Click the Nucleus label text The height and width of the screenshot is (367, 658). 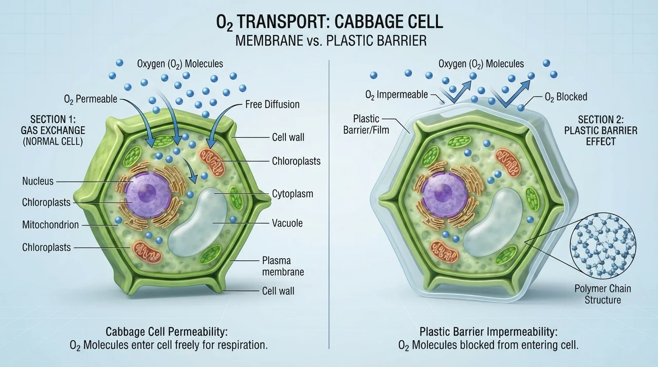pyautogui.click(x=38, y=181)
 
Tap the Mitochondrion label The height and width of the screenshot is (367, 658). pyautogui.click(x=50, y=225)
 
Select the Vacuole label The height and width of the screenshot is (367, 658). pyautogui.click(x=287, y=223)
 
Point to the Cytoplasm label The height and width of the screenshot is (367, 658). pyautogui.click(x=293, y=194)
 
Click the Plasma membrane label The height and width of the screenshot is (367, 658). pyautogui.click(x=283, y=266)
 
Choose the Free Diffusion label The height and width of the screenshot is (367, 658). pyautogui.click(x=272, y=104)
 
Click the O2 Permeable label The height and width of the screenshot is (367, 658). pyautogui.click(x=90, y=99)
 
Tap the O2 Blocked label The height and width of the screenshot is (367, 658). pyautogui.click(x=566, y=97)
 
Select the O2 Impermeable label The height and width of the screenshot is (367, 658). pyautogui.click(x=396, y=95)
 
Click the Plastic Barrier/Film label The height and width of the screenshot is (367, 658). pyautogui.click(x=366, y=124)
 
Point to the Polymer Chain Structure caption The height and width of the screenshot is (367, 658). pyautogui.click(x=603, y=294)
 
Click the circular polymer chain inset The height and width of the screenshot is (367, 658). pyautogui.click(x=603, y=246)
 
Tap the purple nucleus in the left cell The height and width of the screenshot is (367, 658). pyautogui.click(x=148, y=195)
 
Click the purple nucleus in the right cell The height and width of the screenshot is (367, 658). pyautogui.click(x=444, y=195)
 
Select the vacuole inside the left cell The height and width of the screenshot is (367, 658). pyautogui.click(x=198, y=222)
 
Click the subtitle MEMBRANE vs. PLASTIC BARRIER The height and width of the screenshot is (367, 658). pyautogui.click(x=331, y=41)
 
